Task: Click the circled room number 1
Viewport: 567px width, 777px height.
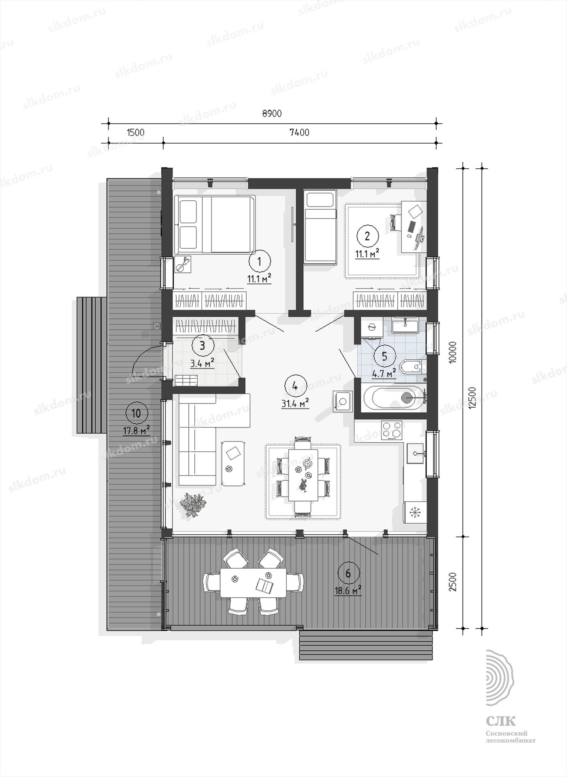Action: (x=260, y=261)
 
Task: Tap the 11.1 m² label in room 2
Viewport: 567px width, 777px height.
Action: (x=367, y=254)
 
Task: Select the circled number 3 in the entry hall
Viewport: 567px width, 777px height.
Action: (x=202, y=346)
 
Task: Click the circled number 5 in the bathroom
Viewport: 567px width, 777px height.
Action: (x=385, y=356)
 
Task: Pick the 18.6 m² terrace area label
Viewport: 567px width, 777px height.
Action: (x=348, y=591)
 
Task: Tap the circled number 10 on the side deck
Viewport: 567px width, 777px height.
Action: (x=136, y=414)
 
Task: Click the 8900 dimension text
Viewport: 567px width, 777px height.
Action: (x=272, y=114)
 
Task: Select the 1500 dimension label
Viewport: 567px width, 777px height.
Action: (x=136, y=133)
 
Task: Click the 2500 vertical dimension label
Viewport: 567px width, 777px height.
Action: (x=453, y=582)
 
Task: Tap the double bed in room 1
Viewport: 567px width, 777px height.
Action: (x=215, y=225)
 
